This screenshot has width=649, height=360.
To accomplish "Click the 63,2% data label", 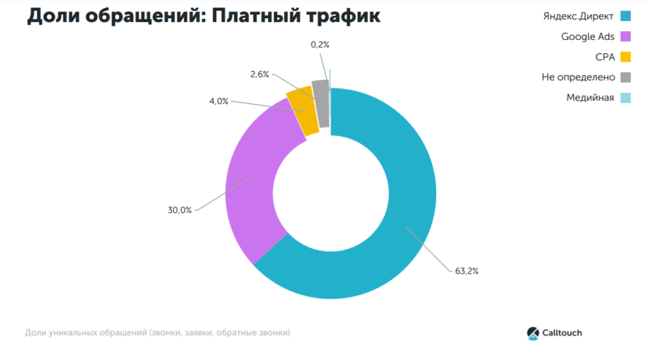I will [466, 271].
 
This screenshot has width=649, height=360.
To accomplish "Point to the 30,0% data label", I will [179, 210].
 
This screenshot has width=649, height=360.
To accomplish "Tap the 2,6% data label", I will [259, 74].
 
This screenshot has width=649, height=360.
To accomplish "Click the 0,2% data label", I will [320, 44].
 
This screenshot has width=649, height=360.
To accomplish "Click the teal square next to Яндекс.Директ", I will [626, 16].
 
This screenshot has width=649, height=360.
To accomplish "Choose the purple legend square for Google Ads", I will [626, 36].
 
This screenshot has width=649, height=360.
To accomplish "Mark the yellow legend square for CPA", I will [626, 56].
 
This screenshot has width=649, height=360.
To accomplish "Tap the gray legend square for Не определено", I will [626, 77].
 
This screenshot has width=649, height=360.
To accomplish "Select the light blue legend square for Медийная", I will [626, 98].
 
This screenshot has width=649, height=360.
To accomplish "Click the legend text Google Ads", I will [588, 36].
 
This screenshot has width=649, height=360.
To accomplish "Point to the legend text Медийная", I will [590, 98].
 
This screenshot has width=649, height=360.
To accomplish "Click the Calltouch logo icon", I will [532, 333].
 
